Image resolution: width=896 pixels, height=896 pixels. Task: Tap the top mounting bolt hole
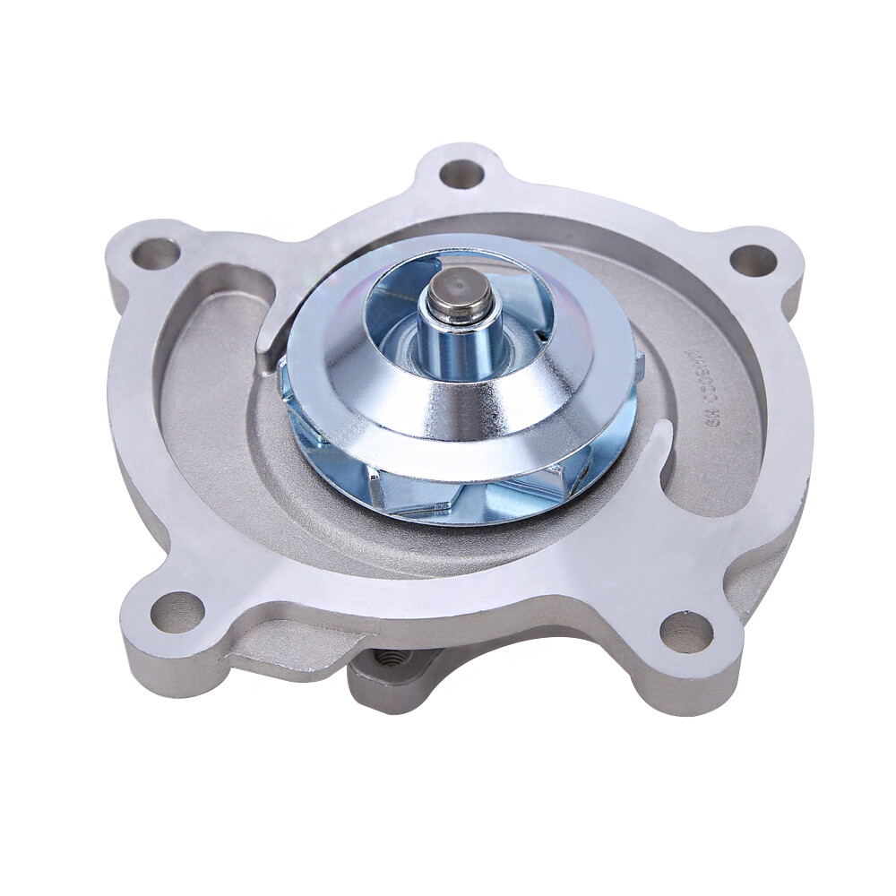click(461, 173)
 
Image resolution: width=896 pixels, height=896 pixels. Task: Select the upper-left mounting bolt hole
click(155, 254)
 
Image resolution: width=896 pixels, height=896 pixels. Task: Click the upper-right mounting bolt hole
click(753, 260)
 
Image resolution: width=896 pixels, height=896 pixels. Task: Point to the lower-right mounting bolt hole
click(686, 632)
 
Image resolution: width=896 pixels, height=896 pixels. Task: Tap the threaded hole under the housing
click(392, 660)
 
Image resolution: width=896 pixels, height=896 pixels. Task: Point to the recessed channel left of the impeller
click(197, 403)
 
